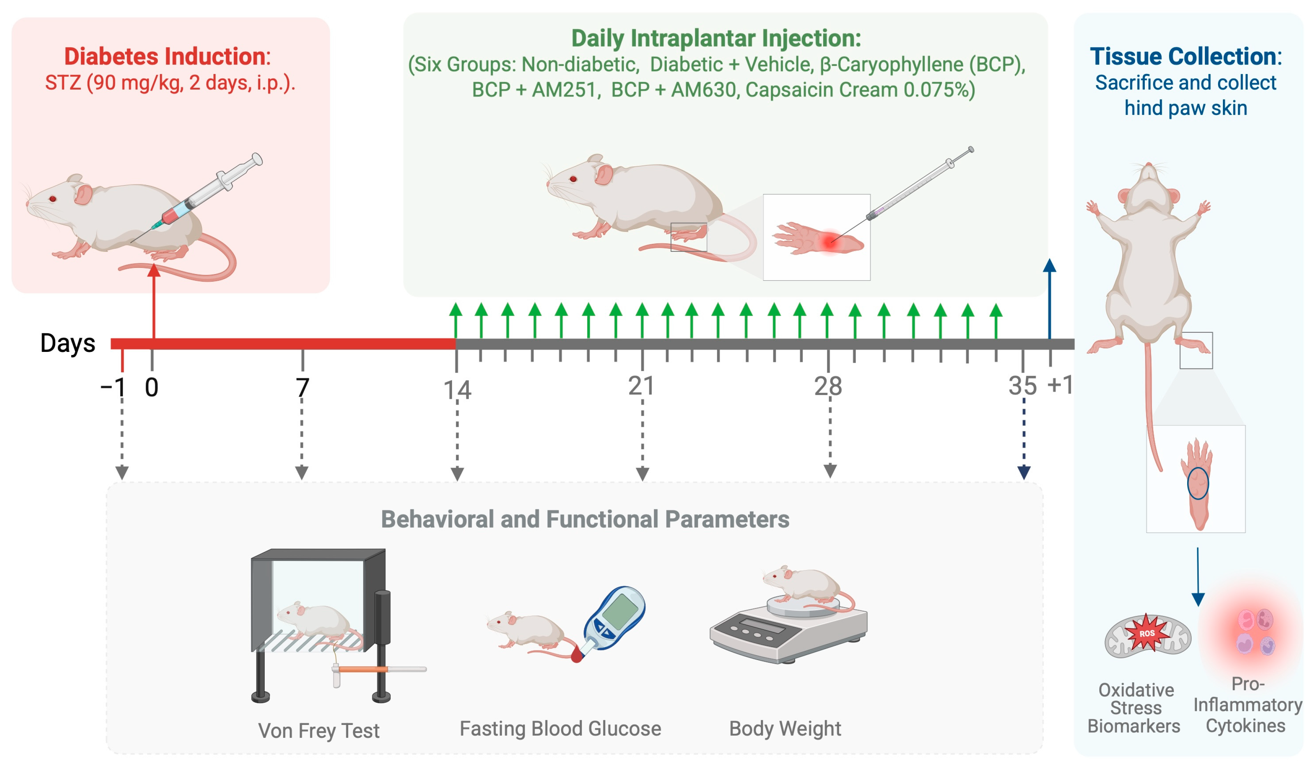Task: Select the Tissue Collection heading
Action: [1185, 56]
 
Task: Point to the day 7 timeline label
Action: [302, 387]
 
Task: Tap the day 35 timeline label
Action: [1022, 386]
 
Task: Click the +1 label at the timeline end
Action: [1060, 385]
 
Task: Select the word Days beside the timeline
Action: [68, 343]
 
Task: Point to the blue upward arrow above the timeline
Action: [1049, 297]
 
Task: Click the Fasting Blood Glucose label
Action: [560, 728]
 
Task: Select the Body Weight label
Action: [785, 728]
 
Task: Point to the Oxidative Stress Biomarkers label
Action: [1135, 708]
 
